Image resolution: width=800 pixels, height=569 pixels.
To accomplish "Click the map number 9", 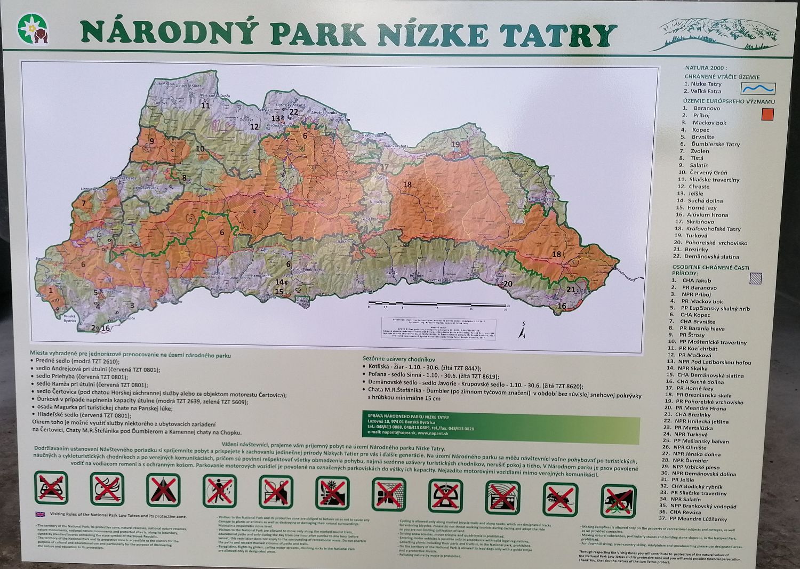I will click(x=152, y=141).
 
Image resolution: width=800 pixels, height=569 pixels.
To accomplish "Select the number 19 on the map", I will click(x=455, y=144).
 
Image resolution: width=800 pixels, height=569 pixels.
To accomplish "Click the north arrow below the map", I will click(x=523, y=332).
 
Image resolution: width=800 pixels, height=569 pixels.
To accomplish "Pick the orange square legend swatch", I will click(x=767, y=114).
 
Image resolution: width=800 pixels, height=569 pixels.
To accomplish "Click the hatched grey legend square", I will click(x=756, y=277).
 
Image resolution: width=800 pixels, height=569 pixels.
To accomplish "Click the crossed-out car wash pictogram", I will click(x=51, y=487).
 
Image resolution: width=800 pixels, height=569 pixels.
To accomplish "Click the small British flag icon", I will click(x=39, y=515).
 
